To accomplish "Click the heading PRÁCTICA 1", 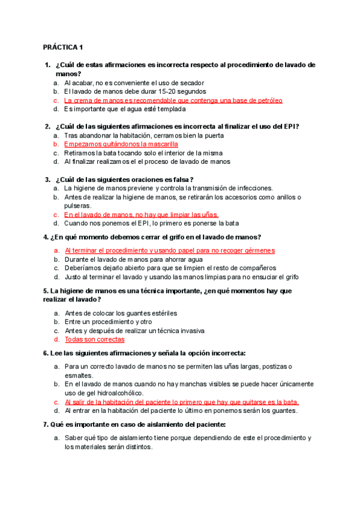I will point(63,47).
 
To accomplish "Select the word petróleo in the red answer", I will point(268,100).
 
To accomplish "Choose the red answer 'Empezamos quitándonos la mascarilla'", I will point(121,144).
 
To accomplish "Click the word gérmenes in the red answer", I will point(259,250).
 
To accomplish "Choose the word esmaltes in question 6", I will point(79,375).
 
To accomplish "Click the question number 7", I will point(46,425).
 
